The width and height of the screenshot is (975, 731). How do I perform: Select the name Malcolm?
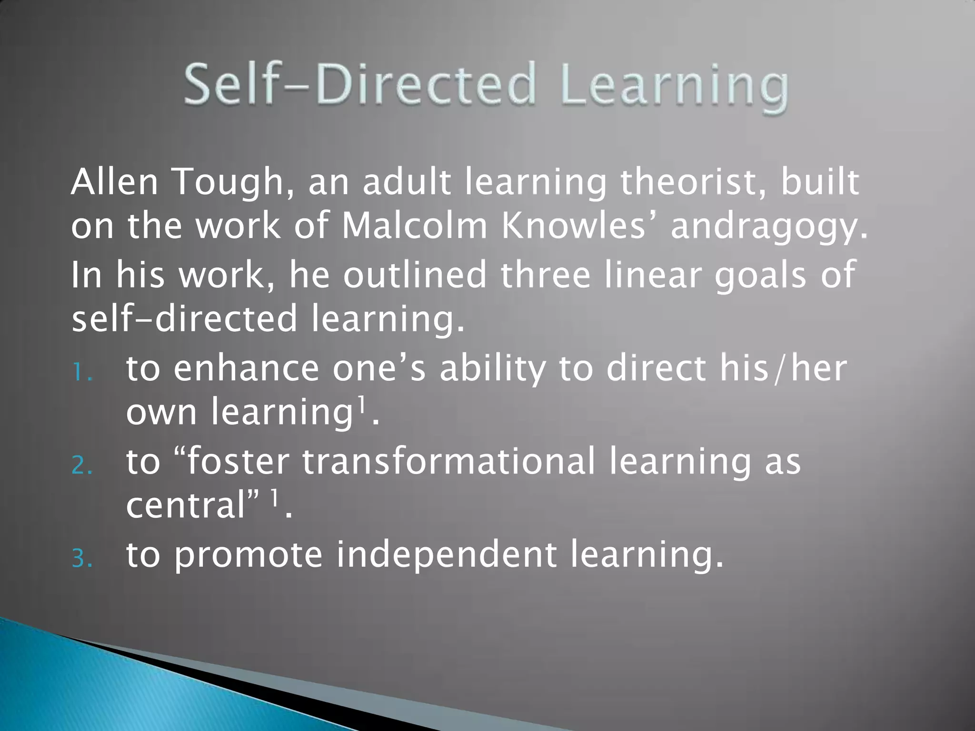(x=415, y=226)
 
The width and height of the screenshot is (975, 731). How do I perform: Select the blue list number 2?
(x=82, y=466)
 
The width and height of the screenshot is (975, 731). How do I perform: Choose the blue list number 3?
(x=82, y=559)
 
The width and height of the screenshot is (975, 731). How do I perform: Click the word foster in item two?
(x=239, y=462)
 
